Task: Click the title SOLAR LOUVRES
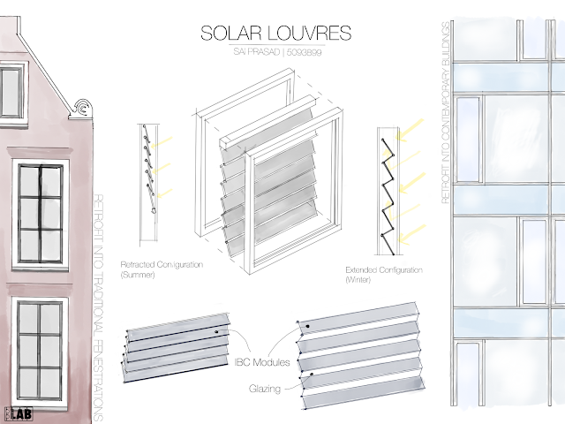coord(275,34)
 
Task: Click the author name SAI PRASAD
coord(253,53)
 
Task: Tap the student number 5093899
coord(305,53)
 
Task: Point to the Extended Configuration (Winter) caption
coord(385,274)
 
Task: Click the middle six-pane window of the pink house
coord(38,211)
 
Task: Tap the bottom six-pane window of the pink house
coord(38,349)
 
